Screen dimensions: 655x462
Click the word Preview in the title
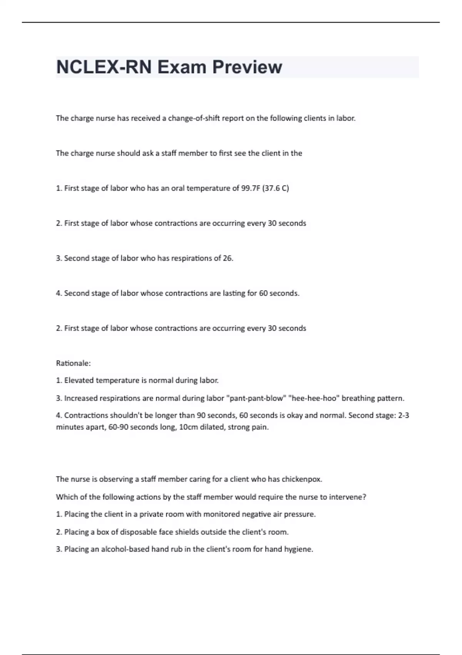click(x=247, y=67)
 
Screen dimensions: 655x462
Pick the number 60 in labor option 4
click(x=263, y=293)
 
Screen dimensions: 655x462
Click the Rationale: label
click(x=74, y=363)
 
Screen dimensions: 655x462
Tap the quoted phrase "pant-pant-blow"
click(x=256, y=398)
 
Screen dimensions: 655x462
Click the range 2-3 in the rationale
click(x=403, y=415)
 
